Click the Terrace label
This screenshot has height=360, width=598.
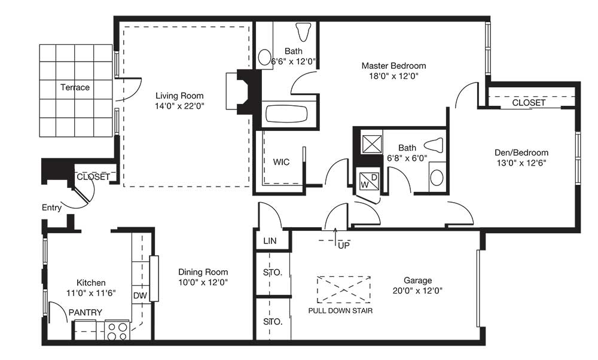(x=75, y=87)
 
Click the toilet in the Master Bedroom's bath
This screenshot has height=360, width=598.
(x=303, y=31)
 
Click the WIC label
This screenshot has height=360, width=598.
(x=281, y=162)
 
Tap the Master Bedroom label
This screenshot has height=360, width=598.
(x=393, y=65)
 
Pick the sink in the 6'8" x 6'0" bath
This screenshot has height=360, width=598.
(x=437, y=177)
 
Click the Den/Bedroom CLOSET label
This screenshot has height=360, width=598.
(x=529, y=103)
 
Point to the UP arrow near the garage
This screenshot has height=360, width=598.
(x=335, y=235)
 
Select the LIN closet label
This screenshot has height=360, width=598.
(x=270, y=241)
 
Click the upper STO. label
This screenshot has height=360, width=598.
(x=273, y=273)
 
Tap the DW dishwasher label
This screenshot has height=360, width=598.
(x=140, y=295)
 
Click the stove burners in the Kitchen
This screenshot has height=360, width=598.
(x=117, y=331)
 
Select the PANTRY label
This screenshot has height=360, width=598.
(x=85, y=312)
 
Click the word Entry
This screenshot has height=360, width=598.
(x=51, y=208)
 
